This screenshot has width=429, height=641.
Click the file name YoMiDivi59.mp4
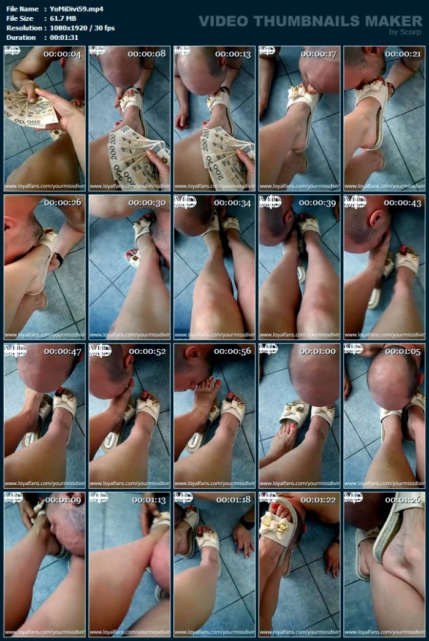[x=76, y=9]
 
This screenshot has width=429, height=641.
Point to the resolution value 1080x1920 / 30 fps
[x=82, y=28]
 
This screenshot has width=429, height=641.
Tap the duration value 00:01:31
[x=67, y=37]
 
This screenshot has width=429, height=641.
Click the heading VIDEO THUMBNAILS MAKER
[x=310, y=21]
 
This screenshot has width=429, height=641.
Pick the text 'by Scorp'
[x=406, y=32]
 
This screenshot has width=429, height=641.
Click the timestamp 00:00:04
[x=63, y=54]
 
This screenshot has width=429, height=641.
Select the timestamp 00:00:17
[x=317, y=54]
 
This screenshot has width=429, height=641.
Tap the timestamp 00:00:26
[x=63, y=202]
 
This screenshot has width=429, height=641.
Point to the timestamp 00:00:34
[x=232, y=202]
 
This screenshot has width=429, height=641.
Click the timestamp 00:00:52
[x=147, y=351]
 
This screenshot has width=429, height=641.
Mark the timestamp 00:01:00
[x=317, y=351]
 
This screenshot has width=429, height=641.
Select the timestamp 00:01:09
[x=63, y=499]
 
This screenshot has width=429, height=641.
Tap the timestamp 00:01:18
[x=232, y=499]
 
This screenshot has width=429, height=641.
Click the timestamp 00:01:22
[x=317, y=499]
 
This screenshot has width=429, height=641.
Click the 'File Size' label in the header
[x=20, y=18]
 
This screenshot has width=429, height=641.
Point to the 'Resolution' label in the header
[x=23, y=28]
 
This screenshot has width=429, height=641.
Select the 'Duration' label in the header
[x=21, y=37]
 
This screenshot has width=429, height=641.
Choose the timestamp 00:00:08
[x=147, y=54]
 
